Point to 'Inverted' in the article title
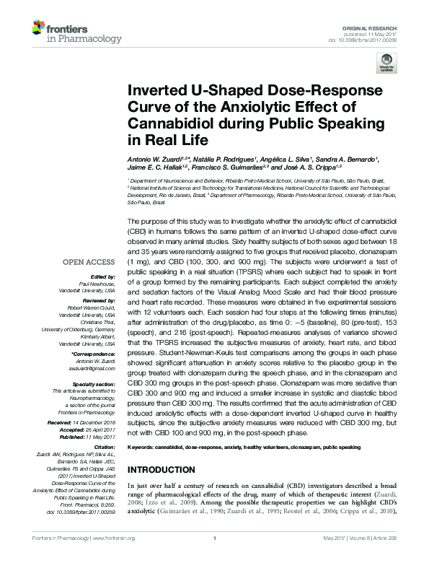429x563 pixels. tap(159, 92)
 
